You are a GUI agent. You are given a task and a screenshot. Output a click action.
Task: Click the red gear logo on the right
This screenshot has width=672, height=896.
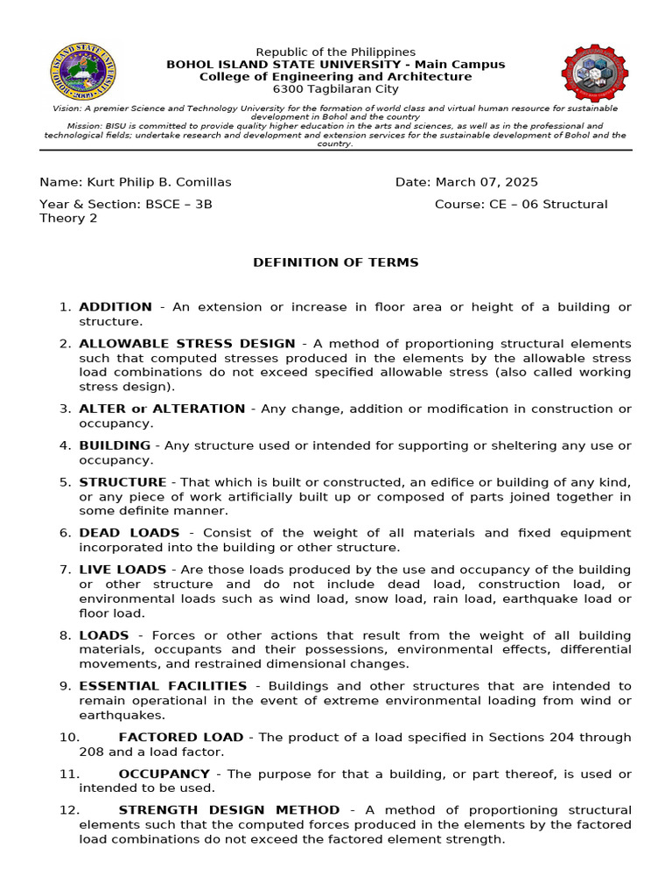coord(595,73)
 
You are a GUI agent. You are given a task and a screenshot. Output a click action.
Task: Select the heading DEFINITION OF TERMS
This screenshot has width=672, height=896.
coord(336,262)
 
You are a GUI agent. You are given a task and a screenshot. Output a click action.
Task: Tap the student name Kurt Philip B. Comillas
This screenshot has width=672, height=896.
coord(158,182)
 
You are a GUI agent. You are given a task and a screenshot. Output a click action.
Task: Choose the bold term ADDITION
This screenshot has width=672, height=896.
coord(115,307)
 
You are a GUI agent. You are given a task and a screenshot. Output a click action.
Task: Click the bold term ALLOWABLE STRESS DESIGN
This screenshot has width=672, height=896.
coord(187,344)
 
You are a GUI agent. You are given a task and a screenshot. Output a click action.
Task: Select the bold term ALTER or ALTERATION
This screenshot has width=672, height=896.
coord(162,409)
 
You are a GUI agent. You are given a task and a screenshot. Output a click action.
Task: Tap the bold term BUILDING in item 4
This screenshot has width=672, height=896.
coord(115,445)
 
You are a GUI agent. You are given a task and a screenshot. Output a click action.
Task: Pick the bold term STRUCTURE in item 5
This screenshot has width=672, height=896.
coord(122,482)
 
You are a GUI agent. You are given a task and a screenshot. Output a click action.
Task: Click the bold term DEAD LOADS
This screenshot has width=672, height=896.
coord(129,533)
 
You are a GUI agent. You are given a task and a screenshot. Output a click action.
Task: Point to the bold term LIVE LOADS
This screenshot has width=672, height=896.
coord(123,570)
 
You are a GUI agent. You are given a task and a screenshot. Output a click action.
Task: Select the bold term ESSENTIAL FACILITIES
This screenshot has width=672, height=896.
coord(163,686)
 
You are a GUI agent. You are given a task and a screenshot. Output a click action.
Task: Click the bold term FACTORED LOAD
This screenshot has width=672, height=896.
coord(181,738)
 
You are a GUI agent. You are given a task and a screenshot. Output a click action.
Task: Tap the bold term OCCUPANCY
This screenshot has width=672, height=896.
coord(164,774)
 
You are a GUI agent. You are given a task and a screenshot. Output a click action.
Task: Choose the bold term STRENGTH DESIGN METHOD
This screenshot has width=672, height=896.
coord(229,810)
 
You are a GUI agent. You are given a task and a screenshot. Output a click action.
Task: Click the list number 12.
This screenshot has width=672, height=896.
coord(69,810)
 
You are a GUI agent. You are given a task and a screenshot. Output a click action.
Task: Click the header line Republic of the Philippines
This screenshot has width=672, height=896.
coord(336,52)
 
